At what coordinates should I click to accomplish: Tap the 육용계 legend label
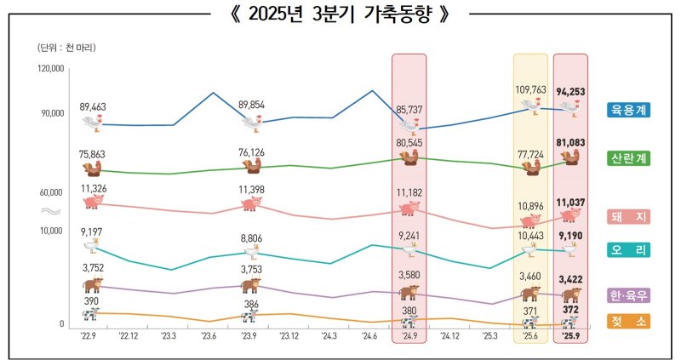628,110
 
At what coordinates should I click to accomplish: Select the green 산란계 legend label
628,159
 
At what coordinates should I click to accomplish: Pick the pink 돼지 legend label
628,216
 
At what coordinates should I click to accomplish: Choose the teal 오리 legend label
628,250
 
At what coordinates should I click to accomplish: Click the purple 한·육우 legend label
628,295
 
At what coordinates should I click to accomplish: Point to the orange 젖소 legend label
628,321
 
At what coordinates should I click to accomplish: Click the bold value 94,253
570,90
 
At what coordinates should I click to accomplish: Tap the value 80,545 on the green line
409,143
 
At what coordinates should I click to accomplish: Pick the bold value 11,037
570,203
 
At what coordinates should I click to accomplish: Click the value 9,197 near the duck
92,231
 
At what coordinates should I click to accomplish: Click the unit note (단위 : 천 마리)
67,47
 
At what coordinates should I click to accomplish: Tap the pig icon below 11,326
93,201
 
